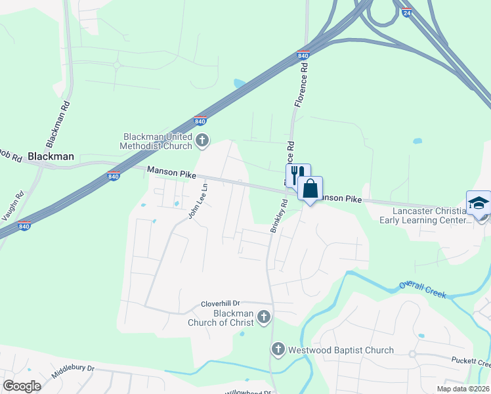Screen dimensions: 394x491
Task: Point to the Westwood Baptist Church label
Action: pos(341,350)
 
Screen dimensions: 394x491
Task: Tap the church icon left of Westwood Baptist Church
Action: pos(278,349)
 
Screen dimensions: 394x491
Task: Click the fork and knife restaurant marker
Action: pos(297,175)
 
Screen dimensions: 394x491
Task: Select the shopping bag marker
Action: pos(310,188)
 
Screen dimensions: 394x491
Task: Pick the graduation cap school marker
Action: pos(479,203)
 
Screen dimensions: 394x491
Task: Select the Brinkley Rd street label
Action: pos(280,216)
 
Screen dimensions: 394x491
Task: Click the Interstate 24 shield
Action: pos(407,12)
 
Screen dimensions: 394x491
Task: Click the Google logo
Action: pos(22,385)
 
